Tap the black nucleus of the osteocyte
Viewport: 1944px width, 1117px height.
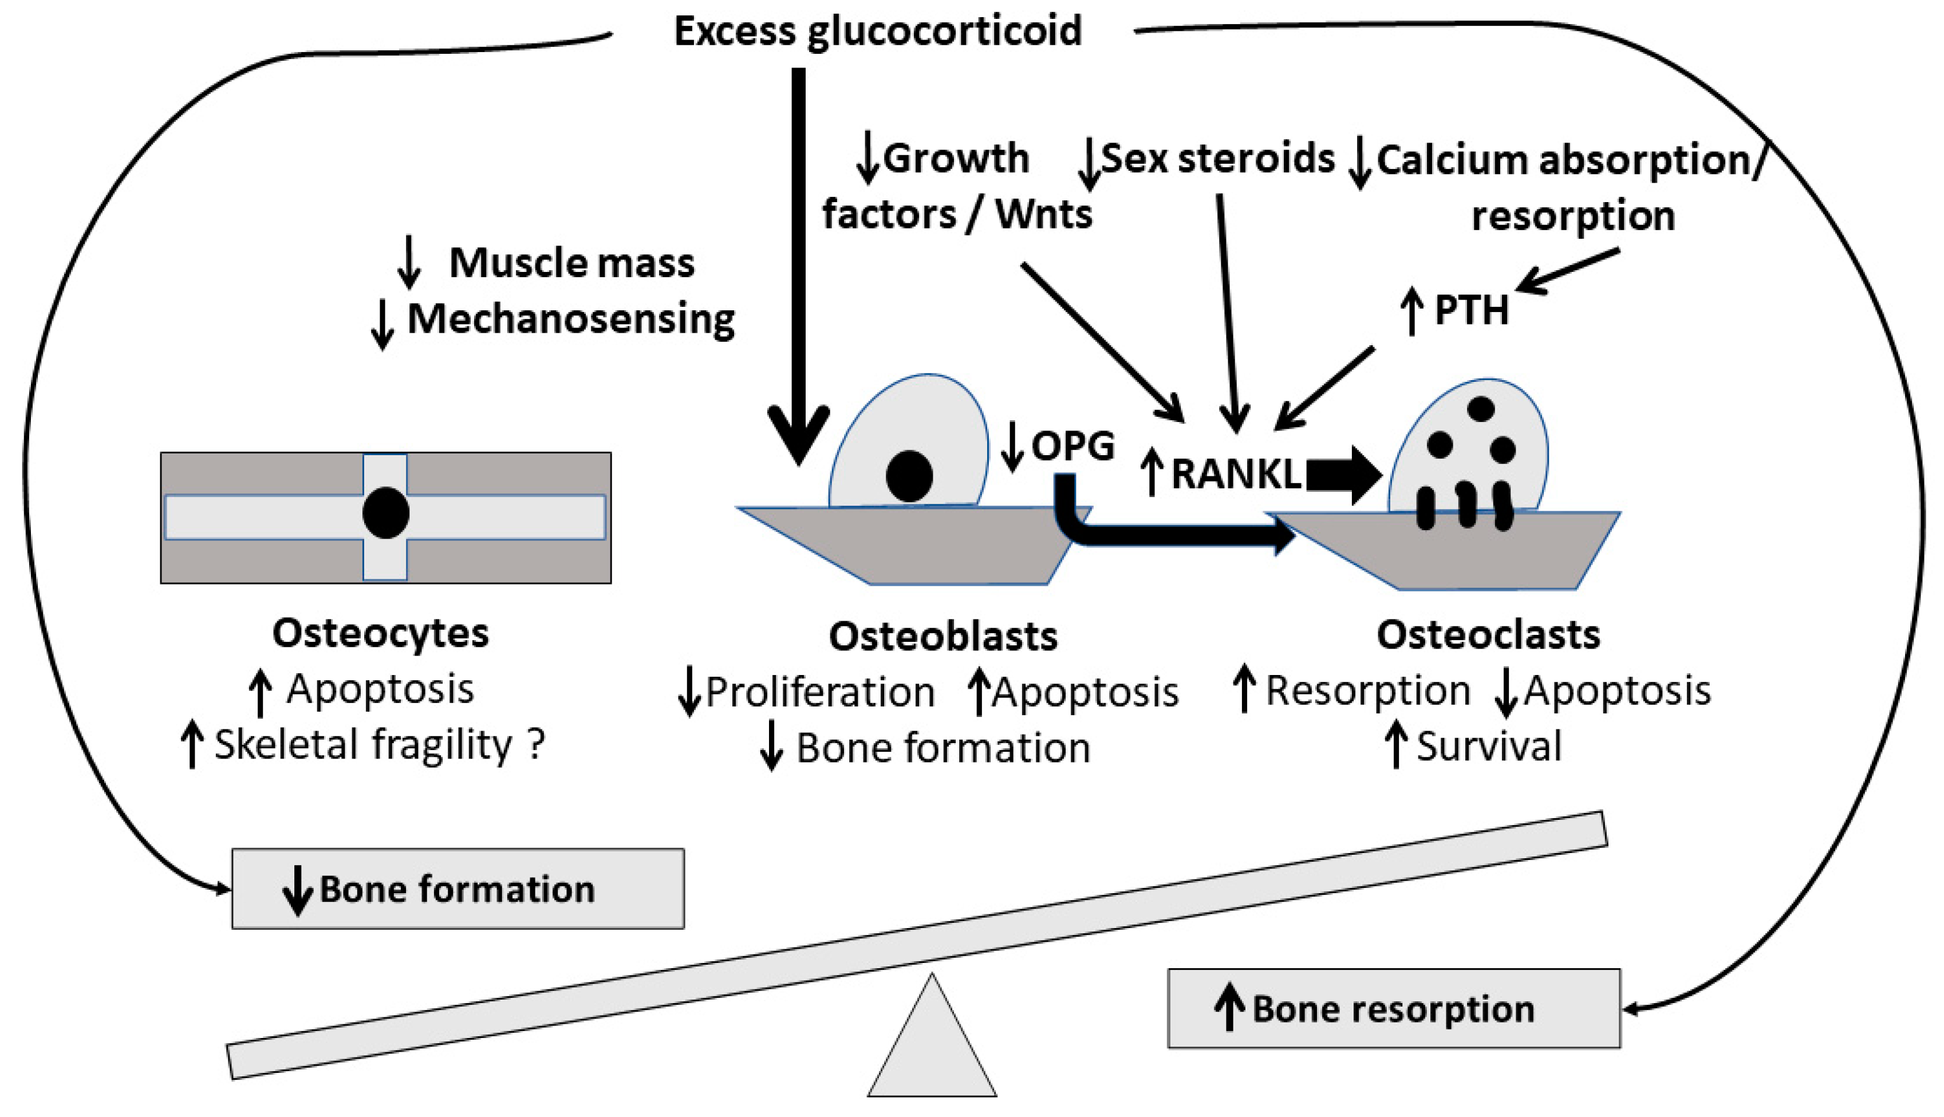point(385,513)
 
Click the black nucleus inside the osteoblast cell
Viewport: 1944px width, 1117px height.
point(909,476)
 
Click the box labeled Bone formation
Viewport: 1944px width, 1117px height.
point(458,889)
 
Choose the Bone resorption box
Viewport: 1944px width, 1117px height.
point(1393,1008)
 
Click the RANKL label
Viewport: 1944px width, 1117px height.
point(1236,474)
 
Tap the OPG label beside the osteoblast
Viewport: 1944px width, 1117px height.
point(1072,447)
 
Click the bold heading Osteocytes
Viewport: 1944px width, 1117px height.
point(381,634)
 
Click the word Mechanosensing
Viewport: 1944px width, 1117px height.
point(571,319)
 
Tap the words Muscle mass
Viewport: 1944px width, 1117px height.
point(571,263)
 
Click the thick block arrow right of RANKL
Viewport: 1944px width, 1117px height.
point(1343,475)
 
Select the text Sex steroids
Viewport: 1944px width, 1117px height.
point(1217,159)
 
